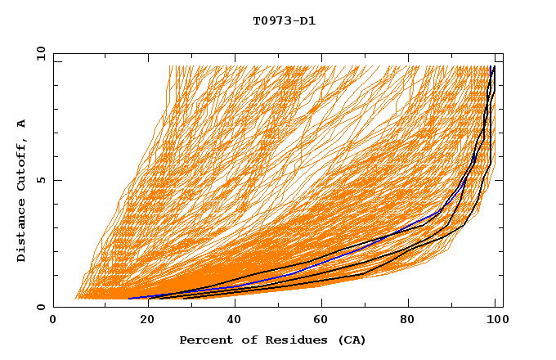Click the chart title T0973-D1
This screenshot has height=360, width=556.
tap(284, 21)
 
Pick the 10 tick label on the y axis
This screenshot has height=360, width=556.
tap(40, 53)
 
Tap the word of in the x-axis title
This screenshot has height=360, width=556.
tap(241, 340)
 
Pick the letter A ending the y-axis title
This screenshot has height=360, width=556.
tap(22, 124)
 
